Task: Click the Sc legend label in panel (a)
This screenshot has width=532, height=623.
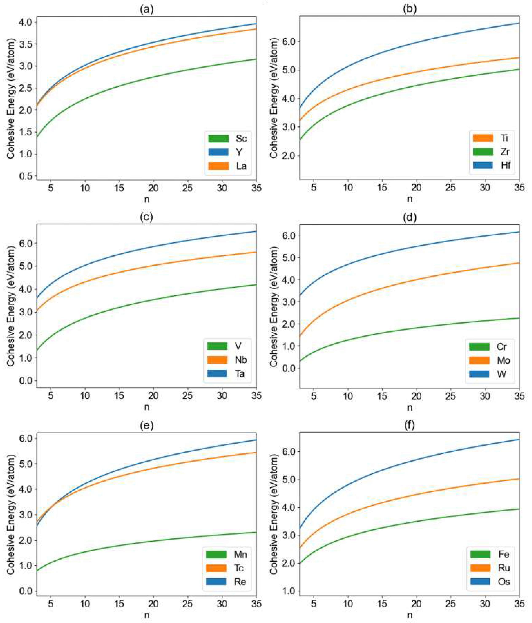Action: (241, 139)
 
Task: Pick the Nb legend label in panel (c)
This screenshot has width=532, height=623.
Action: (241, 360)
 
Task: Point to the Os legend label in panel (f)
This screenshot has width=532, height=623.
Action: (504, 581)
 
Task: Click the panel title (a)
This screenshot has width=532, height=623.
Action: (146, 10)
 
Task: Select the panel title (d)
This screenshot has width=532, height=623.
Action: (410, 217)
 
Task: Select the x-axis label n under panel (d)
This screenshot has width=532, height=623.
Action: (410, 407)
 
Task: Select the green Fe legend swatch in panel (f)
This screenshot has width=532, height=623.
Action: (480, 554)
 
